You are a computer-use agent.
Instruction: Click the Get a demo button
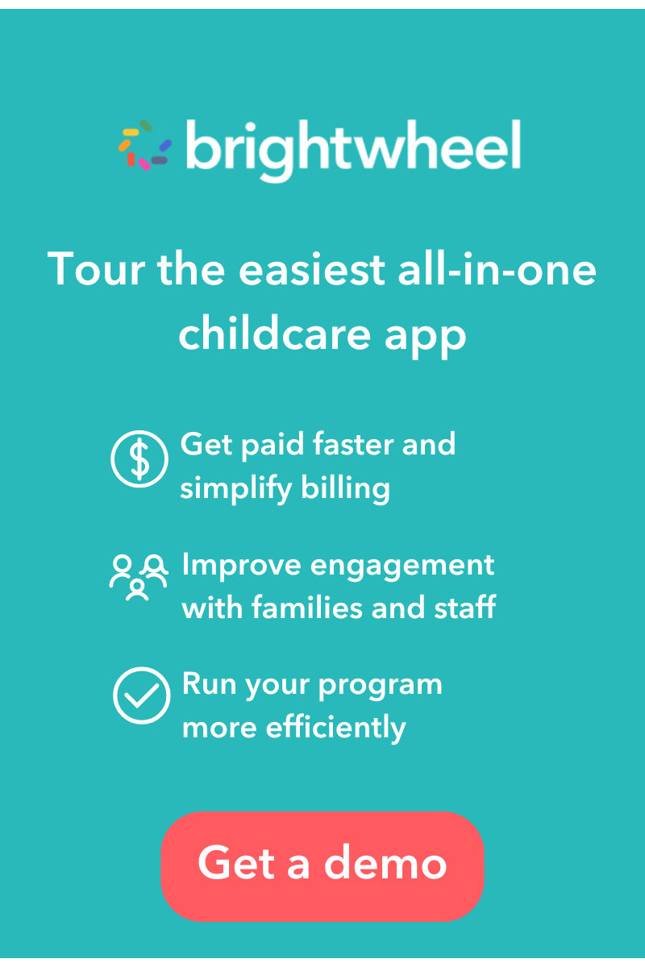click(322, 865)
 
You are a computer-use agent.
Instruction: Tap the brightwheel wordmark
click(353, 148)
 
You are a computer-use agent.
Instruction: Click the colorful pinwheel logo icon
click(145, 145)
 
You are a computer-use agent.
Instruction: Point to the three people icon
click(138, 577)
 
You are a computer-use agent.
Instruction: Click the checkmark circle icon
click(141, 696)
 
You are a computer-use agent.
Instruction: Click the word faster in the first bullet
click(339, 444)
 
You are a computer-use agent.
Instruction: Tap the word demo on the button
click(385, 862)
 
